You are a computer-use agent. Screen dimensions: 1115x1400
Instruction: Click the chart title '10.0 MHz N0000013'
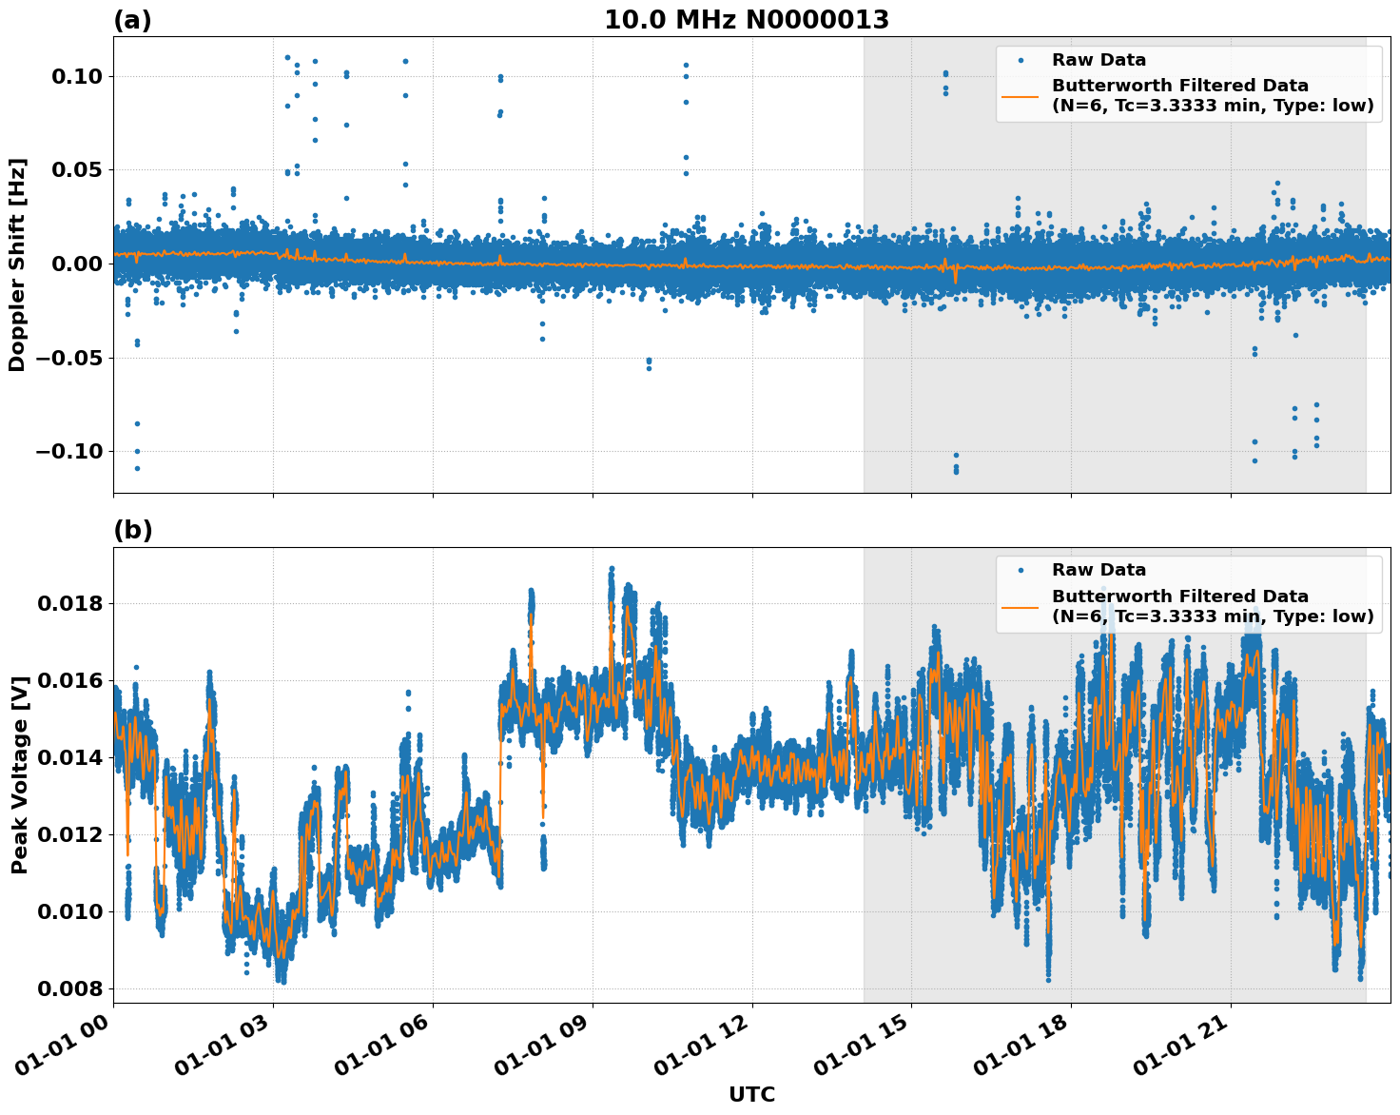(x=747, y=20)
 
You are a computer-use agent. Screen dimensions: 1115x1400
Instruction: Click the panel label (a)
(x=132, y=20)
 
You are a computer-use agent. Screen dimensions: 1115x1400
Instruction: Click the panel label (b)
(x=132, y=531)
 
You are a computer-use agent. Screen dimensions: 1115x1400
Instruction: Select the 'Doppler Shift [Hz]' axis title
(x=17, y=264)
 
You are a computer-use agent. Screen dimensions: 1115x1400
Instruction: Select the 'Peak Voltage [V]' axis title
(x=19, y=774)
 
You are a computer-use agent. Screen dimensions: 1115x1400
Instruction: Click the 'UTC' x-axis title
(x=751, y=1095)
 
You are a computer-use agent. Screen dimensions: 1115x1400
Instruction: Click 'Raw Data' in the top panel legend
(x=1099, y=60)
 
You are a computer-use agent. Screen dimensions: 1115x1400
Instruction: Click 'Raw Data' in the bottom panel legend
(x=1099, y=570)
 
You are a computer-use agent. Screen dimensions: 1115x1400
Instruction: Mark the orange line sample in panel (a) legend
(x=1021, y=96)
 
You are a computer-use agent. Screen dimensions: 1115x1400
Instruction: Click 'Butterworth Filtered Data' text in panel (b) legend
(x=1179, y=597)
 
